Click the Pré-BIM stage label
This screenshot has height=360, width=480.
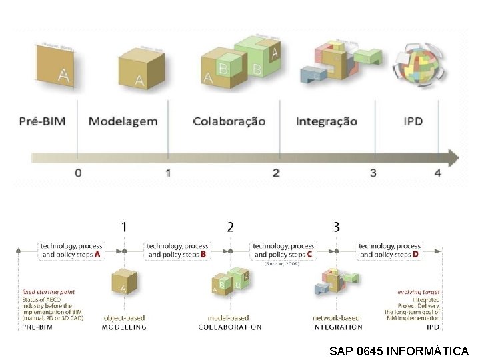(47, 121)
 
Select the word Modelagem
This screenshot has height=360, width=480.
(123, 121)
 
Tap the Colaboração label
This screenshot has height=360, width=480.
(229, 121)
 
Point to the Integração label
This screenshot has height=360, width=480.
(326, 121)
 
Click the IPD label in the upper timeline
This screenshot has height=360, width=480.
(413, 121)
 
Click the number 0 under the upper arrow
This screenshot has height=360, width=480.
(78, 173)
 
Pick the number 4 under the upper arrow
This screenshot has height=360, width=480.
(437, 173)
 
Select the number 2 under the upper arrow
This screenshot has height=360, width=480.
(275, 173)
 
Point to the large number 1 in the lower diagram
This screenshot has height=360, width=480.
(124, 227)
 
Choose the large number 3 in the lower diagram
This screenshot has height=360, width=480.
(336, 227)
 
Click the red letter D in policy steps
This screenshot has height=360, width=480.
(415, 254)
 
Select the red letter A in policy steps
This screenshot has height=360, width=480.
(97, 254)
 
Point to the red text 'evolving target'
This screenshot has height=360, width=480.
(418, 292)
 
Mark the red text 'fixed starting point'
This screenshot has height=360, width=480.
(48, 292)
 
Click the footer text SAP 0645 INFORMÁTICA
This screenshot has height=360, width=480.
(399, 351)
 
